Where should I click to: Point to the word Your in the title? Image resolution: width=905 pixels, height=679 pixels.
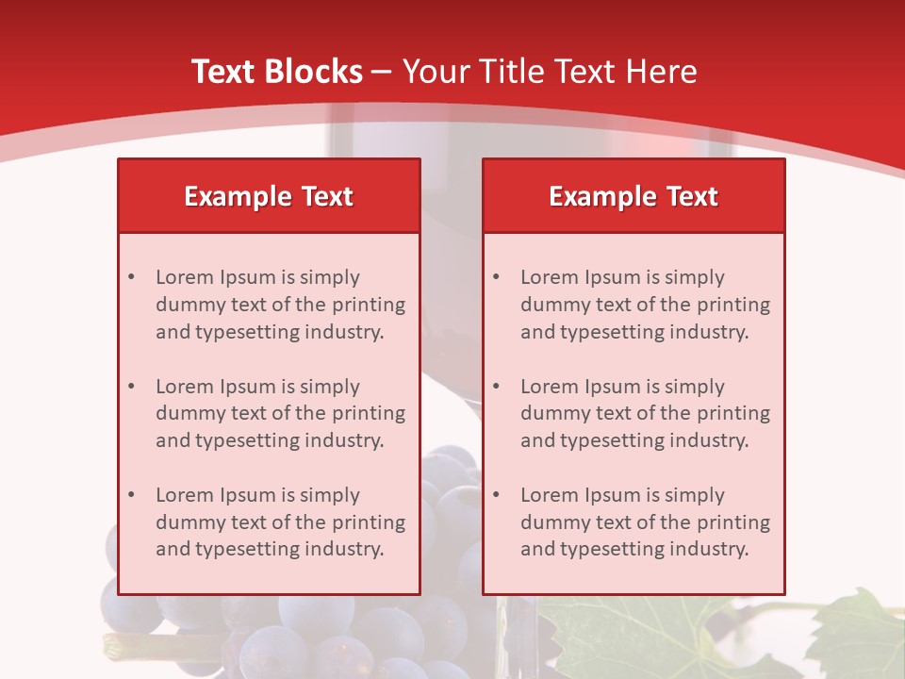tap(433, 72)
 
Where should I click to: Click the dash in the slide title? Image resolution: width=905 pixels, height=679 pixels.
tap(383, 73)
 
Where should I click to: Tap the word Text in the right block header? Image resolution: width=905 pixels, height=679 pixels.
tap(693, 196)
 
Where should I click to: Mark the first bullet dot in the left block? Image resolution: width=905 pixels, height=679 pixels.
tap(131, 277)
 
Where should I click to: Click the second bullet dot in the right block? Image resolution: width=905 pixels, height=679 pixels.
tap(496, 387)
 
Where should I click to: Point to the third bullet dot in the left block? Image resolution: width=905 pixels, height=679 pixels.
tap(131, 495)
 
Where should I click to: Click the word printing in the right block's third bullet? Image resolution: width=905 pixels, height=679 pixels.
tap(735, 522)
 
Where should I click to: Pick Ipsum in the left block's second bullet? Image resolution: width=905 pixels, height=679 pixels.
tap(247, 387)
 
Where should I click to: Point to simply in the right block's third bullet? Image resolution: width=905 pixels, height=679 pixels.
tap(695, 495)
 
